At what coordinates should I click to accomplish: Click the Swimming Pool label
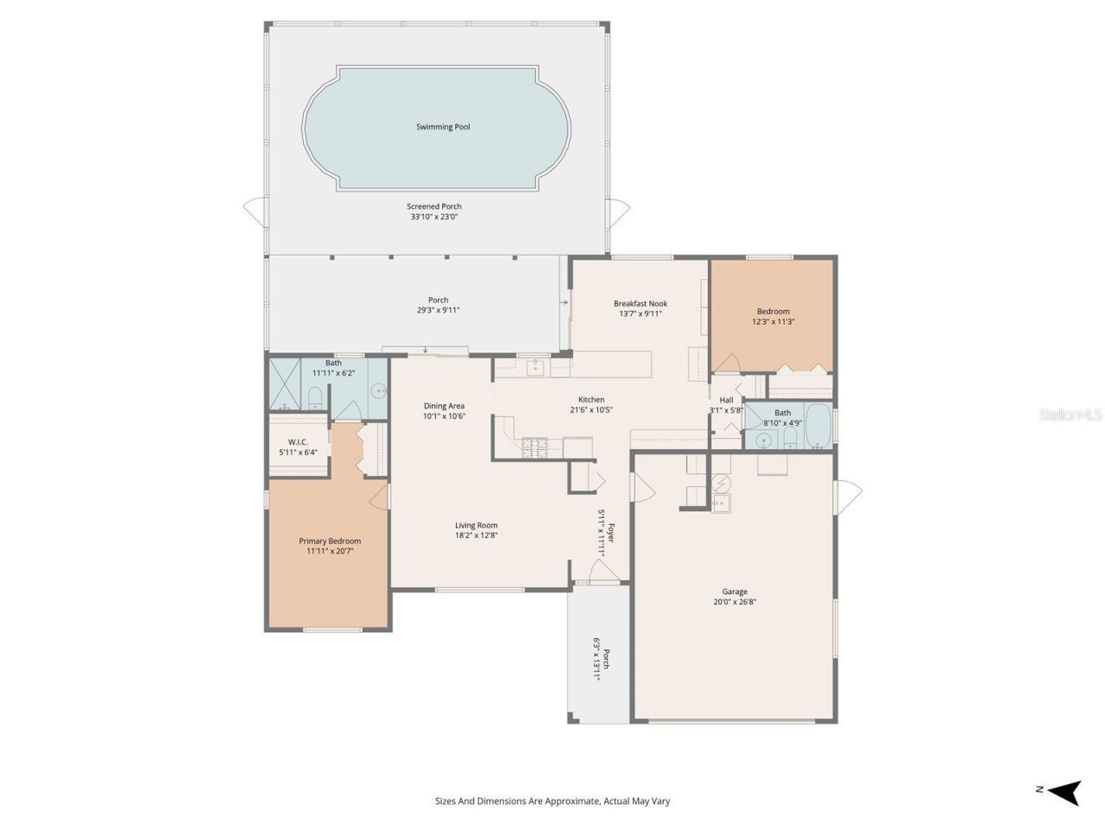[443, 127]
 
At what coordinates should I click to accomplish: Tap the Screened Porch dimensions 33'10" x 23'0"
[434, 217]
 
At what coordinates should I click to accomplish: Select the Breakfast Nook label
[640, 303]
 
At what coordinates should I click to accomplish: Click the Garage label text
[735, 592]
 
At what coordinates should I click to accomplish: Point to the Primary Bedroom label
[330, 541]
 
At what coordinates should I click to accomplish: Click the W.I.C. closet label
[298, 442]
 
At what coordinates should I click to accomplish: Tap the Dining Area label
[444, 406]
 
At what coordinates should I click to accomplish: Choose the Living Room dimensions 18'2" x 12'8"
[477, 535]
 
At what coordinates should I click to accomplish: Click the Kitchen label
[591, 399]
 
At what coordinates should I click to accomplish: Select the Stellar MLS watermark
[1070, 415]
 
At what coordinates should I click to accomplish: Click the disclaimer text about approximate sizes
[552, 801]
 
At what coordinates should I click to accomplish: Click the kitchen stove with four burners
[535, 447]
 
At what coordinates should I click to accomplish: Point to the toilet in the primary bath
[315, 397]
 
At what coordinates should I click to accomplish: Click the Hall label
[726, 400]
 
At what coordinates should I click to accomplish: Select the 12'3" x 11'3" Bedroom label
[773, 312]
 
